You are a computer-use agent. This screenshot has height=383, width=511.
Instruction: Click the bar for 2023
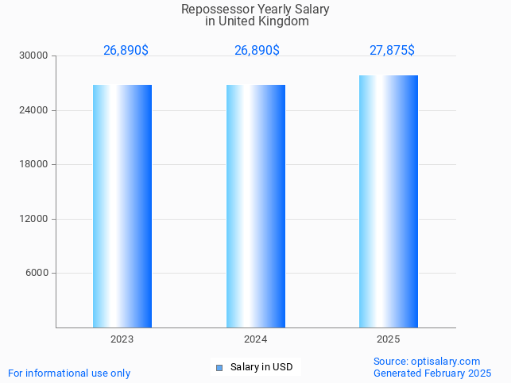tap(122, 206)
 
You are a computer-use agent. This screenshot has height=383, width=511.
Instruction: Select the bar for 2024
tap(256, 206)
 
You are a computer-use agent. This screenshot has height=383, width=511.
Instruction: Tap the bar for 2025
tap(389, 201)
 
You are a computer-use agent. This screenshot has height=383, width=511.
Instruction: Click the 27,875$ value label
tap(392, 50)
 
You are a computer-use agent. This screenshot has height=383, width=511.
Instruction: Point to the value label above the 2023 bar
tap(126, 50)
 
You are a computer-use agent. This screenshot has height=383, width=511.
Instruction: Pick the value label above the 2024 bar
tap(257, 50)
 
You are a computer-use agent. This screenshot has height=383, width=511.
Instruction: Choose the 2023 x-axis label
tap(122, 339)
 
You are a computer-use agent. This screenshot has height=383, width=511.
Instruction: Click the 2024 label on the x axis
tap(256, 339)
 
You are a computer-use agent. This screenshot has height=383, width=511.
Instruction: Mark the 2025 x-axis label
tap(389, 339)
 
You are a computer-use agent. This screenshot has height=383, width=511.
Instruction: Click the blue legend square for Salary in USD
tap(219, 367)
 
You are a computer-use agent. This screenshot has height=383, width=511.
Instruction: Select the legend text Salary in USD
tap(261, 367)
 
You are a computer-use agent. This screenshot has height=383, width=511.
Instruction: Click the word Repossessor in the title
tap(213, 10)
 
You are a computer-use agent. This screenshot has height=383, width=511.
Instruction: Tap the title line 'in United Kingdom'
tap(256, 21)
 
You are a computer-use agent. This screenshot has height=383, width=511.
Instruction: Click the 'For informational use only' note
tap(69, 373)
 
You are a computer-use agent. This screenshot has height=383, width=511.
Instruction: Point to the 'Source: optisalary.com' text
tap(427, 362)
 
